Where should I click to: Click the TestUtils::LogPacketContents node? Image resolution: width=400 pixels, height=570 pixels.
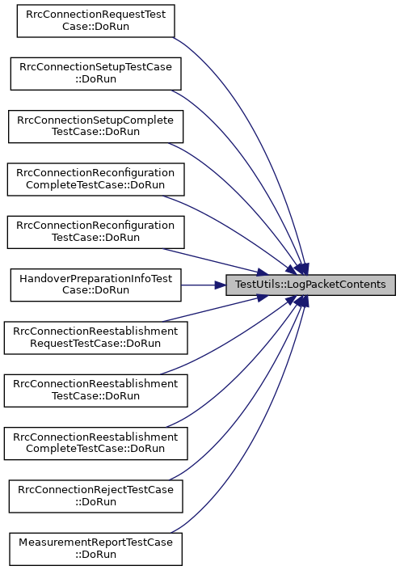point(310,285)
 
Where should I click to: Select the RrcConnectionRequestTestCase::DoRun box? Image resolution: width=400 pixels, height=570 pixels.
point(96,21)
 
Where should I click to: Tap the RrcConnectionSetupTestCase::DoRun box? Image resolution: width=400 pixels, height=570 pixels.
point(96,74)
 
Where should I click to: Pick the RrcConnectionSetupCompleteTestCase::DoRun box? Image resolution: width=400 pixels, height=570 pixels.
point(96,126)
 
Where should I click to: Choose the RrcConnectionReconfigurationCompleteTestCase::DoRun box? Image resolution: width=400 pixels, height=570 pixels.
point(96,179)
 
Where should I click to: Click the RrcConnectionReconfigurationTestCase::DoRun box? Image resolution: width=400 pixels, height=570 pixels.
point(96,232)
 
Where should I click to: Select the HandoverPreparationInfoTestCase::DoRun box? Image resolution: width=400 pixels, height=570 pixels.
point(96,285)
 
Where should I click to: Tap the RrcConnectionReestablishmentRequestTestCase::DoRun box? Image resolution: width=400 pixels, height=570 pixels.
point(96,338)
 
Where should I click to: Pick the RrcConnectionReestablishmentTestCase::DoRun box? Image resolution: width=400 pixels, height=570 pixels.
point(96,391)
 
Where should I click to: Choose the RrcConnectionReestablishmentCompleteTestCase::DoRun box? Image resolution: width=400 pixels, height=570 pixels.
point(96,444)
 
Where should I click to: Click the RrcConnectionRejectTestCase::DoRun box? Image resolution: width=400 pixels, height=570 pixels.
point(96,496)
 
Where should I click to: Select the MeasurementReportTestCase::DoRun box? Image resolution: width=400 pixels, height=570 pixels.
point(96,549)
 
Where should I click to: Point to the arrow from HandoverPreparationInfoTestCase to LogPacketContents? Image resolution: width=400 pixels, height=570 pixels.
point(204,285)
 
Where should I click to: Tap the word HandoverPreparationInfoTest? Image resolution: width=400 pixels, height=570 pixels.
point(96,279)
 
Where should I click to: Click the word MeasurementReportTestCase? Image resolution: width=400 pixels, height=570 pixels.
point(96,543)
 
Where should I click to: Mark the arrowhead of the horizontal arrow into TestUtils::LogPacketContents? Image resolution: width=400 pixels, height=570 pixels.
point(220,285)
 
